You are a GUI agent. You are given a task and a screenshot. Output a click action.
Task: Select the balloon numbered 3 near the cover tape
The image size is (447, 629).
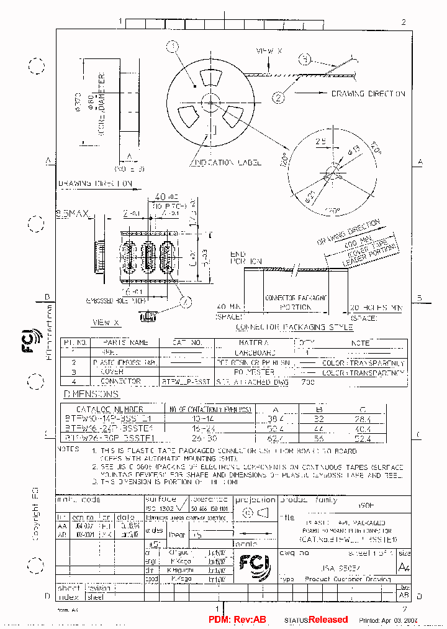pyautogui.click(x=305, y=60)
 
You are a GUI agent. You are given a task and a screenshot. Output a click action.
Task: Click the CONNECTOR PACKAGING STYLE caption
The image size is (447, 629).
pyautogui.click(x=296, y=327)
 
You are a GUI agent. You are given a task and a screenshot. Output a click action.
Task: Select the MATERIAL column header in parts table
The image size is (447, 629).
pyautogui.click(x=253, y=342)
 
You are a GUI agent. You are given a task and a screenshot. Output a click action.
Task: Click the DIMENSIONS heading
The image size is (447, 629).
pyautogui.click(x=91, y=394)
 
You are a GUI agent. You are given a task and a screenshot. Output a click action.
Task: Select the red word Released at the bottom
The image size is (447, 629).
pyautogui.click(x=328, y=620)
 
